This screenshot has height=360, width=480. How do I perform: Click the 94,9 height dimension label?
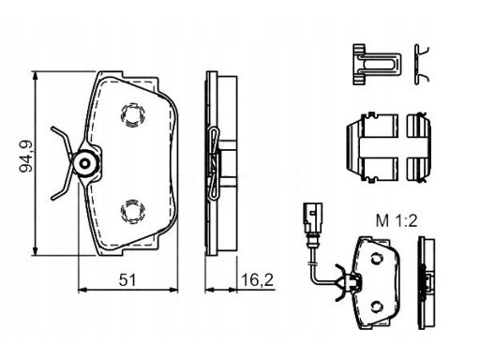[x=25, y=157]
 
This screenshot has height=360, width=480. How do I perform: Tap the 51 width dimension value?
[x=127, y=280]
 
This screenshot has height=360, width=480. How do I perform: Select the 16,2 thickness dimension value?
[x=257, y=280]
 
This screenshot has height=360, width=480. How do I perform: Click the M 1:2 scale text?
[x=397, y=221]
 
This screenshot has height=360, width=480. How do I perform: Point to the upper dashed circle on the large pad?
[x=132, y=115]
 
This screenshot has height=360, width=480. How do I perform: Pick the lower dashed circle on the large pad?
[x=132, y=211]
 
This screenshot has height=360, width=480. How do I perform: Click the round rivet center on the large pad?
[x=85, y=163]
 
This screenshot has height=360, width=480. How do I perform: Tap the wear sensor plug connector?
[x=312, y=217]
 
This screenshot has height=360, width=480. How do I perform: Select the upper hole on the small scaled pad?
[x=377, y=259]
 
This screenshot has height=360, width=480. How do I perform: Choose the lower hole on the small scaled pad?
[x=377, y=307]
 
